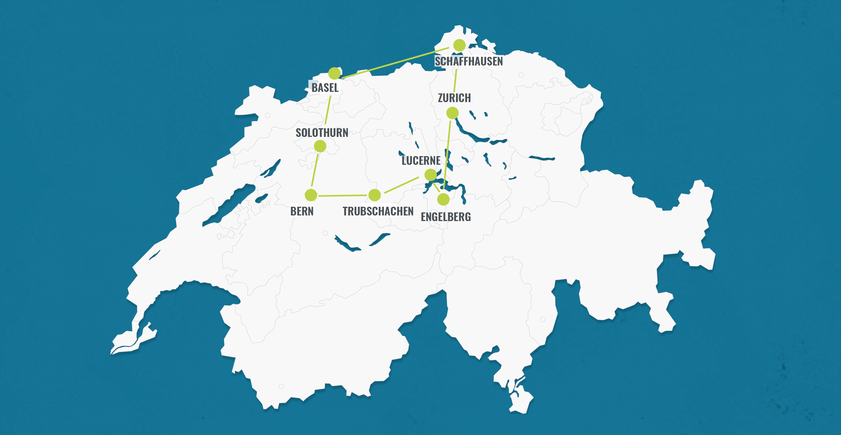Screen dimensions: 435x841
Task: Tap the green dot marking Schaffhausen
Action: point(459,45)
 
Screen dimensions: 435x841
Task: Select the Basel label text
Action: point(325,88)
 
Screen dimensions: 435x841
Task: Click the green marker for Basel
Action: point(334,73)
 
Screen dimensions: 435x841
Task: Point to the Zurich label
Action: point(454,98)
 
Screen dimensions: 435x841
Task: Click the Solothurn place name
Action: point(322,133)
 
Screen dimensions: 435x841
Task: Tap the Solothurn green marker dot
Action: point(320,146)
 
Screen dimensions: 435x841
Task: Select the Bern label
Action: point(302,211)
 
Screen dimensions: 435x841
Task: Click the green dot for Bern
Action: point(311,195)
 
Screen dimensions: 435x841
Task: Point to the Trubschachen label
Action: point(378,211)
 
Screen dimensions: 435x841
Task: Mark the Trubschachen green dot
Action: point(374,195)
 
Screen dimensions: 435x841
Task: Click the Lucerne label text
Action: point(421,160)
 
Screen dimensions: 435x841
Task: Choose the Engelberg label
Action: point(446,217)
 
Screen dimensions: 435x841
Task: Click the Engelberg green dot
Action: point(443,199)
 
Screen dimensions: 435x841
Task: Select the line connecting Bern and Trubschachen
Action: point(343,195)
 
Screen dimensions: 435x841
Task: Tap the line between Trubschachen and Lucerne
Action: point(402,185)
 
